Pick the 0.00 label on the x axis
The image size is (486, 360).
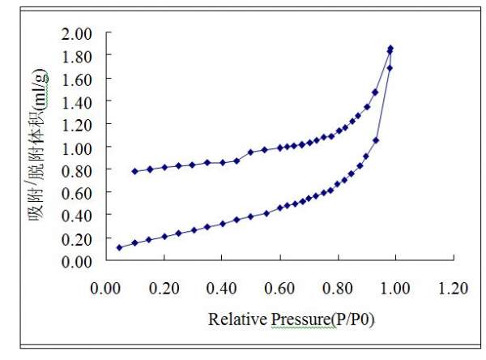tap(106, 289)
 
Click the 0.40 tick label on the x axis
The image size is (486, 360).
tap(222, 289)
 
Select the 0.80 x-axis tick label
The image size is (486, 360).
tap(338, 289)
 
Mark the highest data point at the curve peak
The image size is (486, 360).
tap(390, 49)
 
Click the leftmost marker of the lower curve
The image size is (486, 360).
tap(120, 247)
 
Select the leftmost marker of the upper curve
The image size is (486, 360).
tap(134, 171)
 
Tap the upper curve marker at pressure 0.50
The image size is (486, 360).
tap(251, 152)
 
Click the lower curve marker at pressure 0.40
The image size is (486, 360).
tap(222, 223)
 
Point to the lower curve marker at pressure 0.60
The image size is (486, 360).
tap(279, 208)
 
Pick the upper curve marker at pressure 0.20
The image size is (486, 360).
tap(164, 167)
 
